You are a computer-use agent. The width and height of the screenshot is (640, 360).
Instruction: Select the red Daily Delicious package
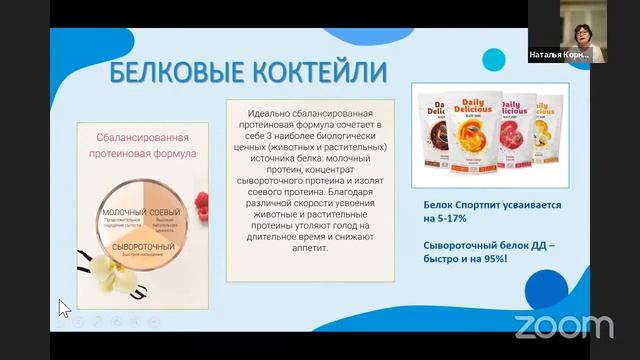[x=516, y=130]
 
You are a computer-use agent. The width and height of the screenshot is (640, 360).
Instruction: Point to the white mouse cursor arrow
[x=64, y=308]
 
